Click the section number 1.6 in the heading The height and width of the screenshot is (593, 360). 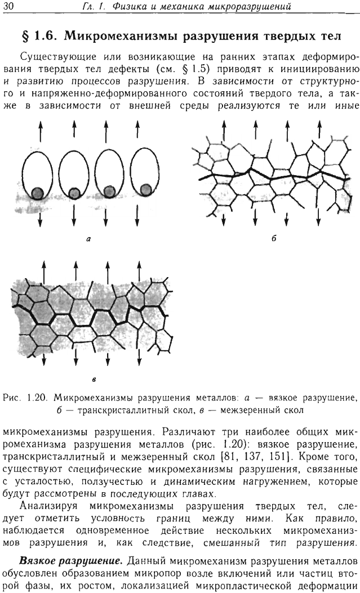[x=47, y=36]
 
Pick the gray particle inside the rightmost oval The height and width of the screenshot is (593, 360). [x=145, y=189]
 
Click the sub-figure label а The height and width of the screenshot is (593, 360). [x=88, y=239]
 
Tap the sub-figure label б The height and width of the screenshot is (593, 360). [x=274, y=238]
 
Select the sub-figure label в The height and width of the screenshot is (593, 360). [x=93, y=380]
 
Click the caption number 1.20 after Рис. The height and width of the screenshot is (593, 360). [x=36, y=398]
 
